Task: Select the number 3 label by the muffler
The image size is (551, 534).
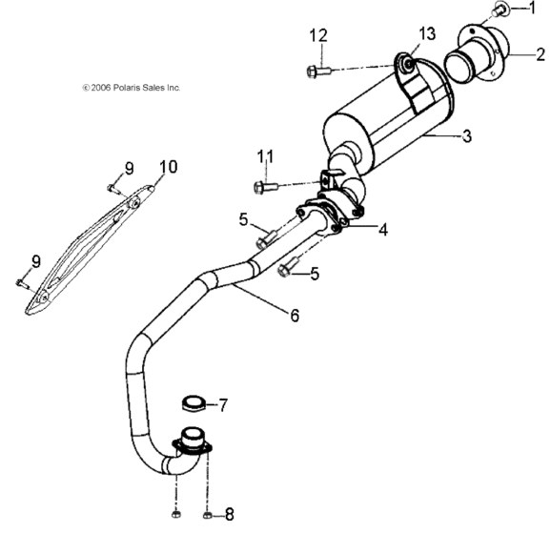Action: (466, 136)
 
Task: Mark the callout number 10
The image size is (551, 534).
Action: (168, 167)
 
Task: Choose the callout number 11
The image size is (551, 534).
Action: (264, 155)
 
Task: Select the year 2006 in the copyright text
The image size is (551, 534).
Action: (97, 88)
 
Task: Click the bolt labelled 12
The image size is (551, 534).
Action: (317, 70)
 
